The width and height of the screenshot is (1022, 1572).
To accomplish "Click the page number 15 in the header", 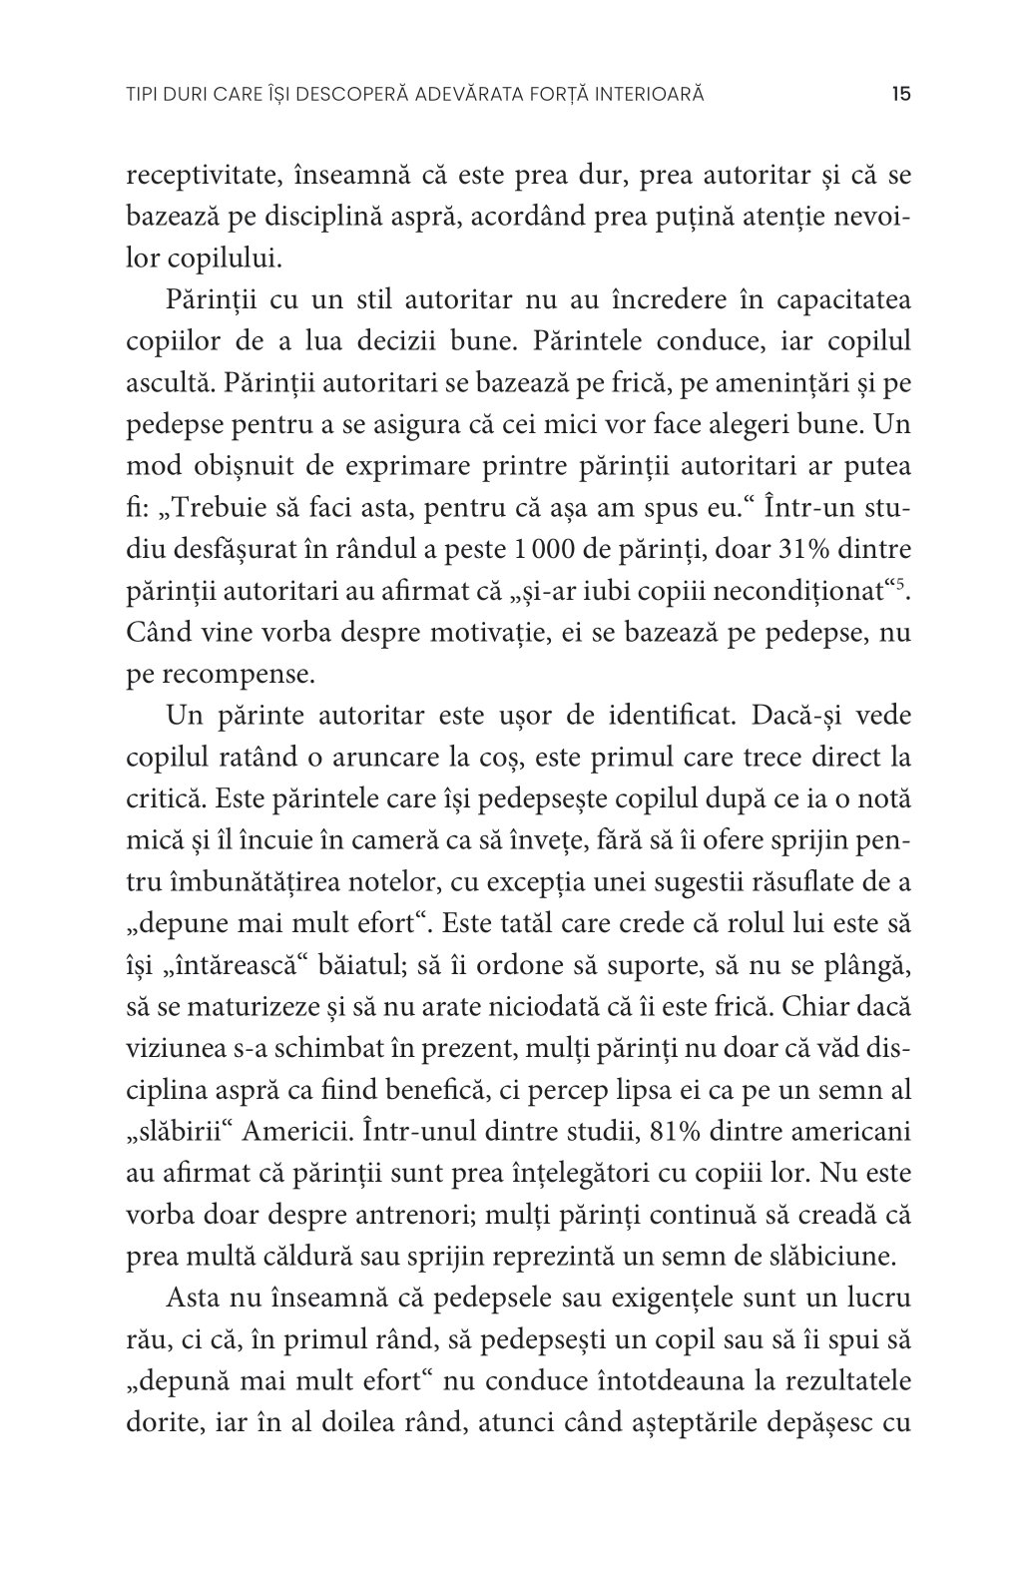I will tap(899, 95).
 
